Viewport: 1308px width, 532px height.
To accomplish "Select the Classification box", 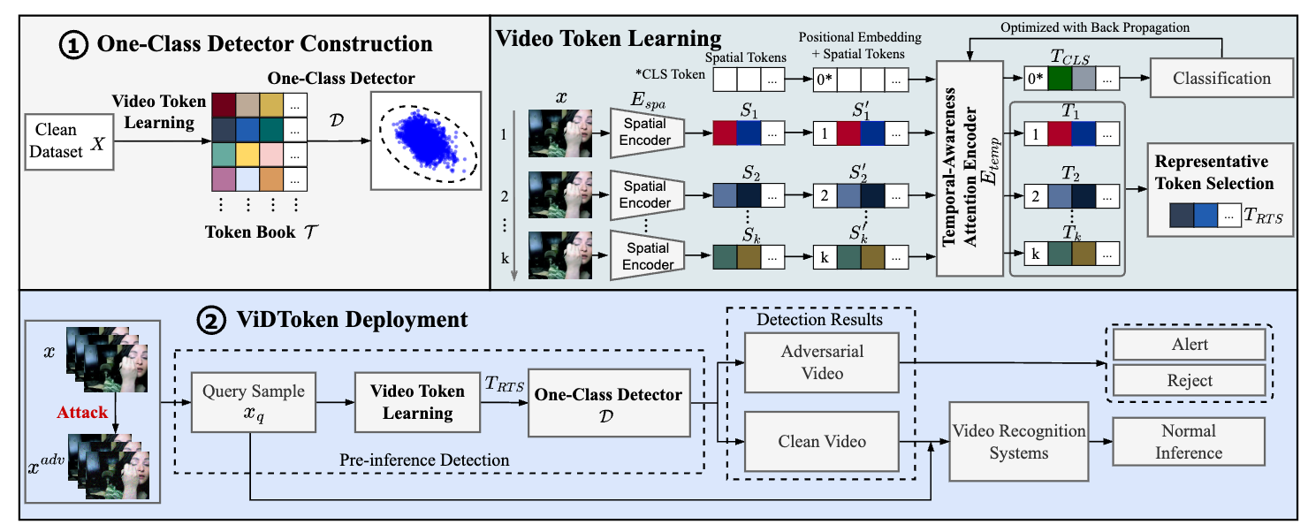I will pos(1221,79).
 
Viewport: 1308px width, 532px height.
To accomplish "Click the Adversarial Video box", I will pos(822,361).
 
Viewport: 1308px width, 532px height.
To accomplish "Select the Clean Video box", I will pos(822,441).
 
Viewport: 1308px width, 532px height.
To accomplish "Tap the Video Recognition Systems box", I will pos(1018,442).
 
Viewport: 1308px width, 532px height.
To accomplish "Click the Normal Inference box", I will pos(1189,442).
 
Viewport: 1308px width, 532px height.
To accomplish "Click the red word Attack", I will pos(82,412).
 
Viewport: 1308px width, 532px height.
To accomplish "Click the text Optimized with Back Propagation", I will pos(1095,27).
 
